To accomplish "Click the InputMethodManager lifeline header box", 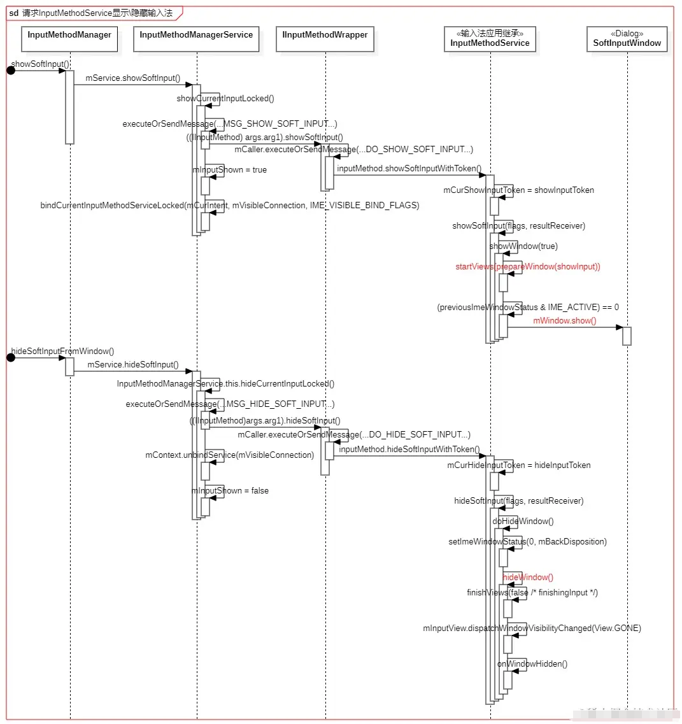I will pos(69,39).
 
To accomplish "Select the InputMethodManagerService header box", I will pos(196,39).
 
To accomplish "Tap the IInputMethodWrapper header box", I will pos(325,39).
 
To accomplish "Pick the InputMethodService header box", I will pos(489,39).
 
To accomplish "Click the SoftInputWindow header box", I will pos(627,39).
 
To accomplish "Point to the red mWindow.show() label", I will pos(564,320).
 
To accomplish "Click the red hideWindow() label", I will pos(528,577).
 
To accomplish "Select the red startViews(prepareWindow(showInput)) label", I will pos(527,266).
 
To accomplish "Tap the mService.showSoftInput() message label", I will pos(133,78).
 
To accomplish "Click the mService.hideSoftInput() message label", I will pos(132,364).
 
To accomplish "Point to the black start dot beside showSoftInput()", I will pos(11,70).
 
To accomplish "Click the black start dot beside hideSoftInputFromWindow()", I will pos(11,357).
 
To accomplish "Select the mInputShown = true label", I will pos(229,170).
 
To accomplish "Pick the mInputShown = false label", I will pos(230,490).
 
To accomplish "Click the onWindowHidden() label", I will pos(532,664).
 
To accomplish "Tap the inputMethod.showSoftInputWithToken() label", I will pos(409,169).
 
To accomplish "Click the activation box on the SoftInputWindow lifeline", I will pos(627,336).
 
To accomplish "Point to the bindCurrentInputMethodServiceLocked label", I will pos(229,205).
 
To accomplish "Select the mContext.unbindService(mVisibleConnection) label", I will pos(229,455).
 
